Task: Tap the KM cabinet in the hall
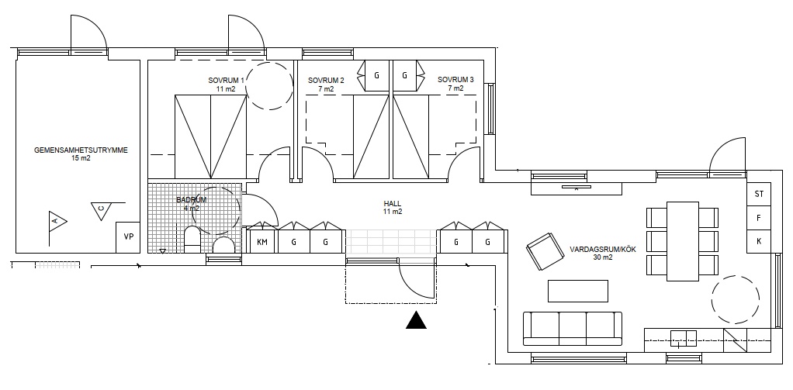pyautogui.click(x=262, y=242)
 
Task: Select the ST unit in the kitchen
pyautogui.click(x=759, y=194)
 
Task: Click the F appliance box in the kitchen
pyautogui.click(x=759, y=218)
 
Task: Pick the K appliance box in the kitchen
pyautogui.click(x=759, y=241)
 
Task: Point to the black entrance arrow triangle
pyautogui.click(x=416, y=320)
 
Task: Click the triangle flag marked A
pyautogui.click(x=57, y=221)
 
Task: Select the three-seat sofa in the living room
pyautogui.click(x=573, y=329)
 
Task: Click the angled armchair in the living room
pyautogui.click(x=545, y=251)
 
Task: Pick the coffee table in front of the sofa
pyautogui.click(x=578, y=291)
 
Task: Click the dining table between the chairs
pyautogui.click(x=683, y=241)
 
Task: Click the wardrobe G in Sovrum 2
pyautogui.click(x=377, y=76)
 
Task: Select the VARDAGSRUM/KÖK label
pyautogui.click(x=603, y=253)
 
